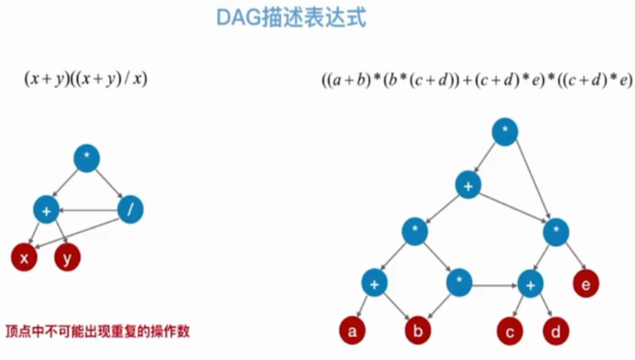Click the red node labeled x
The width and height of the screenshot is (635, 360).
pos(24,258)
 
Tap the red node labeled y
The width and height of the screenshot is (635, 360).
pos(67,258)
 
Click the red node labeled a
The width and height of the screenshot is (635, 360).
pos(352,331)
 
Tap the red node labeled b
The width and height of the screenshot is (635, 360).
pos(418,331)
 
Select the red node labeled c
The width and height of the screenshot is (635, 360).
pos(510,332)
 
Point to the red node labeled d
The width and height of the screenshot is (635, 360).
pos(555,331)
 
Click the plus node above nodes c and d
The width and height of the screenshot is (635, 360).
pos(531,284)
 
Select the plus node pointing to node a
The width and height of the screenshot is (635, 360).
pos(374,284)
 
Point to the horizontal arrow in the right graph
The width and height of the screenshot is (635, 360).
pos(495,286)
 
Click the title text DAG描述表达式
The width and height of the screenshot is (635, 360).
pos(291,17)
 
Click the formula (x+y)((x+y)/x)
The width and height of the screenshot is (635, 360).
pos(85,79)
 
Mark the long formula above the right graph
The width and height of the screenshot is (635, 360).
pos(476,80)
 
